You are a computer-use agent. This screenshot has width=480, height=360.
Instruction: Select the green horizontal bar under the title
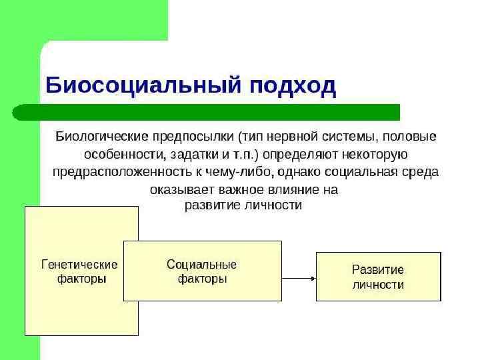coord(207,112)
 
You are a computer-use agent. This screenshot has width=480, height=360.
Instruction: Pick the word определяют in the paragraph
coord(299,154)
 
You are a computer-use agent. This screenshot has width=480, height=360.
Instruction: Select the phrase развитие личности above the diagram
coord(243,206)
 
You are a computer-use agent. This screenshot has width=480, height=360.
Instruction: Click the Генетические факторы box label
coord(79,271)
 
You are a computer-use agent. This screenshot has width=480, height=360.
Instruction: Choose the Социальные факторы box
coord(202,271)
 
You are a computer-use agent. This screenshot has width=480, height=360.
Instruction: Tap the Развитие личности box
coord(378,277)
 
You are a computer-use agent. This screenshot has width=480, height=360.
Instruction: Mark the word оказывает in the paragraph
coord(176,190)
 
